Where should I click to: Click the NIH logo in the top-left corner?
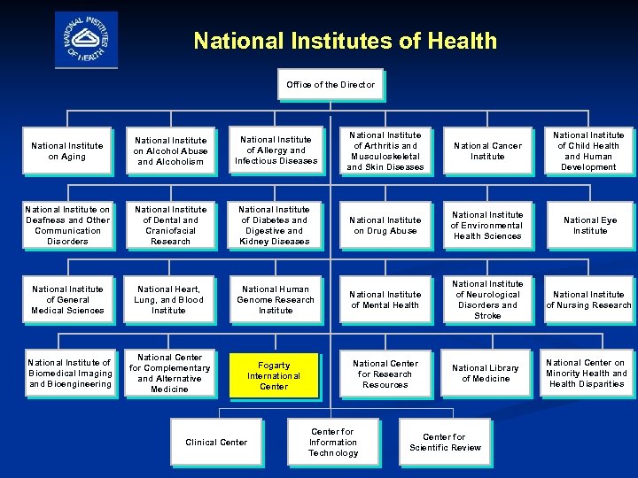click(x=85, y=39)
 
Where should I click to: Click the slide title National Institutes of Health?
click(x=346, y=41)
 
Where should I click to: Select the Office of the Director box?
click(x=331, y=85)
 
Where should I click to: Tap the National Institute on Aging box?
click(x=67, y=151)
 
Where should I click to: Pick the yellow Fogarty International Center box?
click(x=274, y=375)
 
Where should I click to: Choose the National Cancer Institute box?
click(x=487, y=151)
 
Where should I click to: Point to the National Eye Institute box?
click(x=590, y=226)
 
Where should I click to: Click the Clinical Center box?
click(x=216, y=443)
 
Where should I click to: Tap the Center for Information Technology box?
click(x=333, y=443)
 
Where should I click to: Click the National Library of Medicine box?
click(x=486, y=374)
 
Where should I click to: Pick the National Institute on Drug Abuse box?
click(x=385, y=226)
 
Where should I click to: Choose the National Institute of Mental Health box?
click(x=385, y=300)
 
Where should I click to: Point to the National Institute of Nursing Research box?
click(x=589, y=300)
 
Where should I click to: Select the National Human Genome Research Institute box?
click(x=276, y=299)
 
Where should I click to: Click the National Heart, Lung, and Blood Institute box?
click(x=169, y=299)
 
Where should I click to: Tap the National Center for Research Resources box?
click(x=385, y=374)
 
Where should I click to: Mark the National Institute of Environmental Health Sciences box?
click(x=487, y=226)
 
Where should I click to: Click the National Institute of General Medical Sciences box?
click(x=67, y=299)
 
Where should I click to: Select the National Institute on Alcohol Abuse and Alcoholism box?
click(x=171, y=151)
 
